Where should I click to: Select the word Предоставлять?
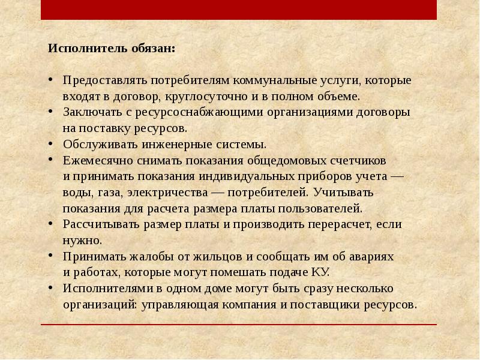[104, 80]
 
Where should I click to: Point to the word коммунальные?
[275, 80]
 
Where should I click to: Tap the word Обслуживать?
[100, 145]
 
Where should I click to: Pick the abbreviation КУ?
[320, 272]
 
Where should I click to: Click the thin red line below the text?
[240, 325]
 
